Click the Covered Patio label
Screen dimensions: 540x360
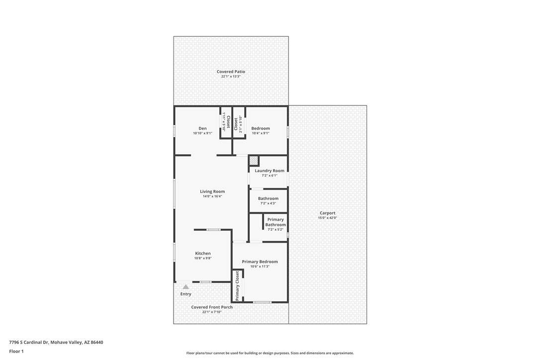(231, 72)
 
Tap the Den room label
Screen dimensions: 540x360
(202, 128)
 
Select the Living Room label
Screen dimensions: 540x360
(212, 191)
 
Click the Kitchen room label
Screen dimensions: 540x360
(203, 253)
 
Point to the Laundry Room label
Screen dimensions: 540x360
(270, 171)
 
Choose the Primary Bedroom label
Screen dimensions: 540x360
(260, 262)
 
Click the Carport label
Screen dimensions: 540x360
(328, 213)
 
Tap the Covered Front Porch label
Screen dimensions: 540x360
(212, 307)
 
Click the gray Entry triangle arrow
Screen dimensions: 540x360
(185, 286)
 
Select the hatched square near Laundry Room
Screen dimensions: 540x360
(254, 161)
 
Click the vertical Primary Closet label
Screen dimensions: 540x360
(237, 286)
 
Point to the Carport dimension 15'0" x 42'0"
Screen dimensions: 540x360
(328, 218)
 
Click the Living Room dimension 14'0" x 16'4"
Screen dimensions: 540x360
(212, 196)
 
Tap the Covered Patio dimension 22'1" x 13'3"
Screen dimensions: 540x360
(231, 77)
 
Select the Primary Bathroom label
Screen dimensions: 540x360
(275, 222)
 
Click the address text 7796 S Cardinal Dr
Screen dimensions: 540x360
(29, 343)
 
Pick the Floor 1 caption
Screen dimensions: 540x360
(16, 352)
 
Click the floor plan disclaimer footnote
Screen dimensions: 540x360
(270, 353)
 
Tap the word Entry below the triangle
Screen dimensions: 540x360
(185, 294)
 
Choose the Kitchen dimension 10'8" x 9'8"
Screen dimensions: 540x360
(203, 258)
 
